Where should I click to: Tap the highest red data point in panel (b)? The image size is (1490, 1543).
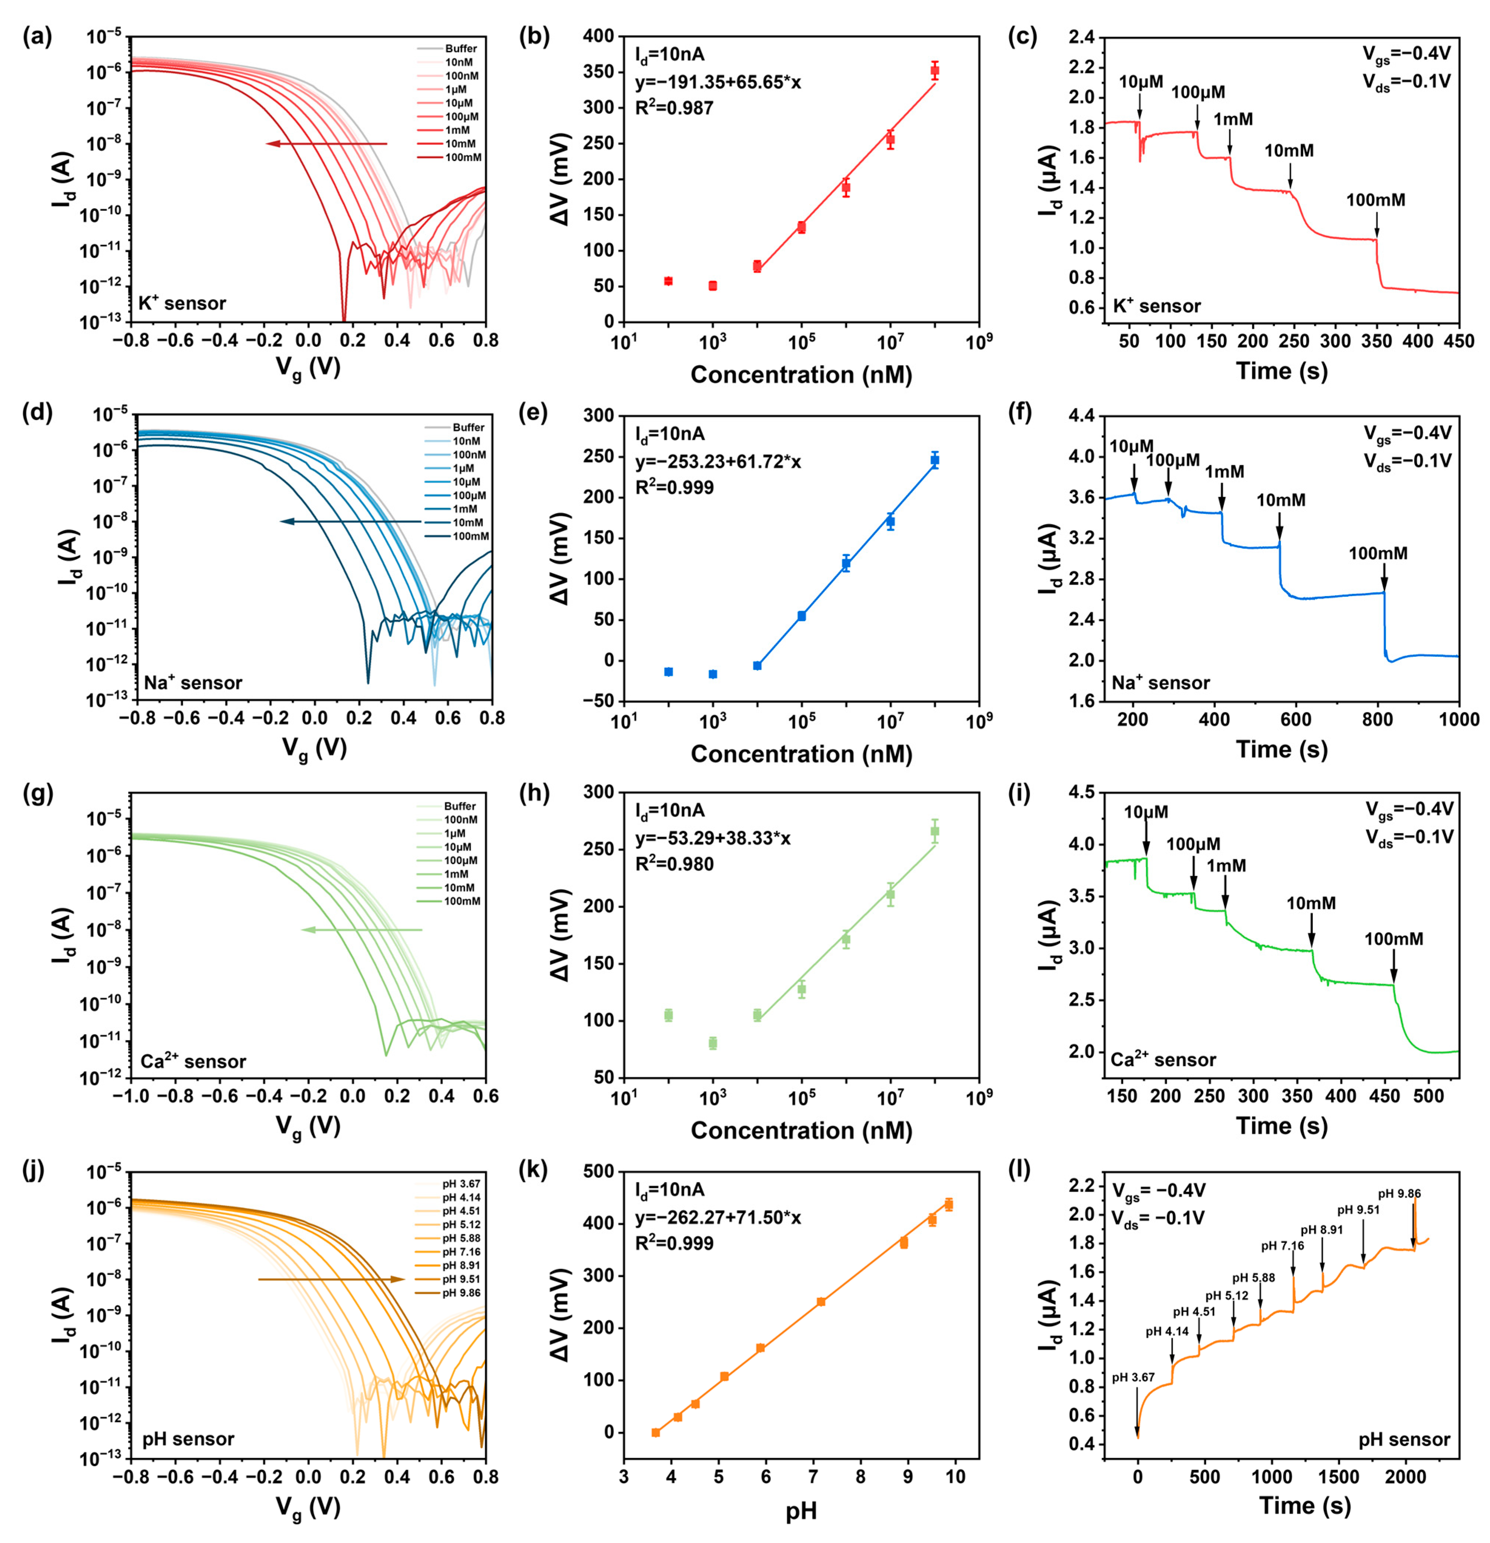coord(934,71)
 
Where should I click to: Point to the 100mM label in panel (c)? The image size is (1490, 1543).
coord(1375,200)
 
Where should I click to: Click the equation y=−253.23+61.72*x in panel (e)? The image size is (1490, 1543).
coord(718,461)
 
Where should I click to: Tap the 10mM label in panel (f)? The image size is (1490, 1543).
coord(1281,500)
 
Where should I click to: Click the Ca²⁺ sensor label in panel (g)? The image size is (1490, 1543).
coord(193,1061)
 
